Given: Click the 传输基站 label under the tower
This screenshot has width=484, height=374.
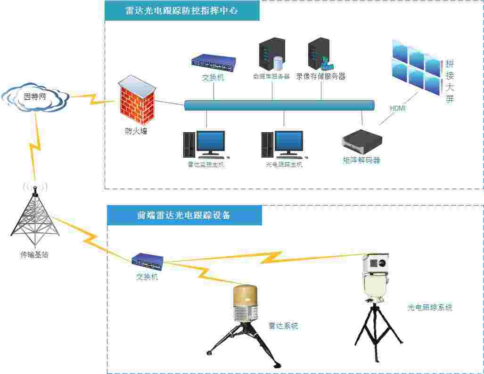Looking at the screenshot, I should click(34, 255).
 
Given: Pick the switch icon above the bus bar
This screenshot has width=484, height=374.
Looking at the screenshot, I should click(213, 62).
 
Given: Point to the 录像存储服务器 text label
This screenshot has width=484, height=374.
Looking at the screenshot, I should click(320, 76).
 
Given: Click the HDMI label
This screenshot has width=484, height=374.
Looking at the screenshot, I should click(397, 109).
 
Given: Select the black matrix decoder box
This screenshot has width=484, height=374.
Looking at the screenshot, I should click(361, 140).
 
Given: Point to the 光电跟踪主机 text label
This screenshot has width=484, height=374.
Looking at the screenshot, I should click(284, 165).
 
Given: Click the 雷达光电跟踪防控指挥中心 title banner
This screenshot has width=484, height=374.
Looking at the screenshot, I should click(182, 11).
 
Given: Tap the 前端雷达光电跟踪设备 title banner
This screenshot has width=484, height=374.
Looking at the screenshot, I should click(184, 215).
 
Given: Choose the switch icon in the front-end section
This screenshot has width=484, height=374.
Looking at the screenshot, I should click(148, 260).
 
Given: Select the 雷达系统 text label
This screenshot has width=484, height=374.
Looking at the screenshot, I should click(283, 326).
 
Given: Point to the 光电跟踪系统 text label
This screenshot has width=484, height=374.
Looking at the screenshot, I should click(430, 308).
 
